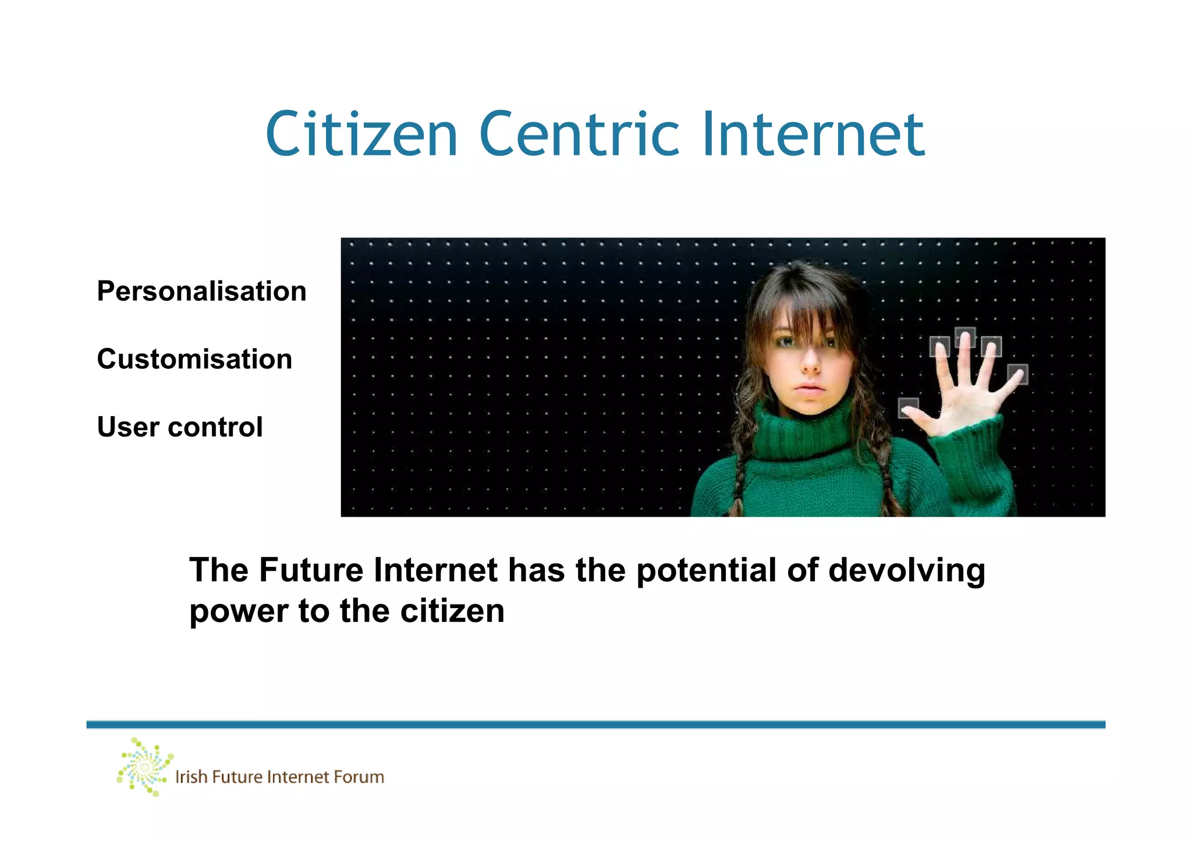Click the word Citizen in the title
tap(361, 135)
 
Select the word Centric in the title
tap(580, 135)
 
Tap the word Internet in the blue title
tap(813, 135)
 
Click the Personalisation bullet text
tap(201, 291)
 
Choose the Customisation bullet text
tap(194, 359)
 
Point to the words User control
tap(180, 427)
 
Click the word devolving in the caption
tap(906, 570)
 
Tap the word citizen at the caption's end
tap(452, 611)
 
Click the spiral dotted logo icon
tap(144, 767)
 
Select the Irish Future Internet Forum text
tap(279, 777)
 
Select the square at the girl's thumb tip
tap(908, 407)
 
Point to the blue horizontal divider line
tap(595, 724)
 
